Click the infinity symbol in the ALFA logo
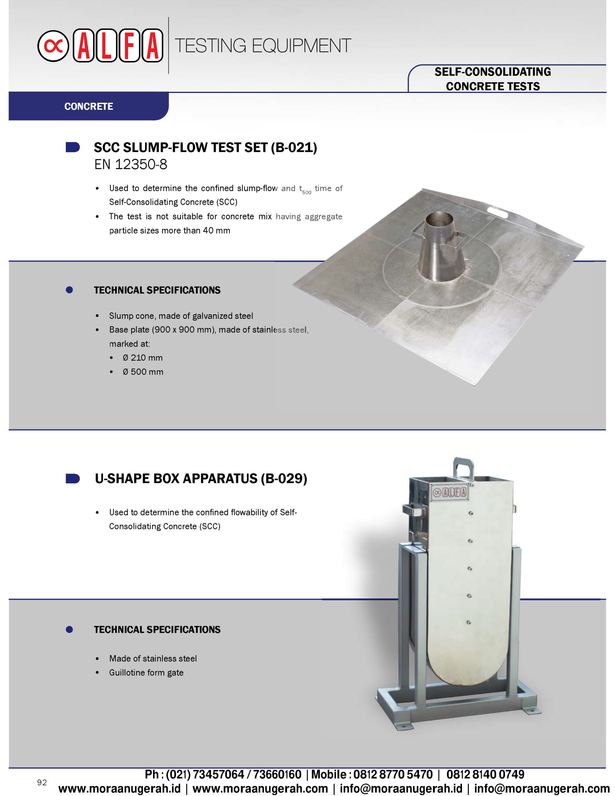click(53, 46)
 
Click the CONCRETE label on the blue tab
click(89, 106)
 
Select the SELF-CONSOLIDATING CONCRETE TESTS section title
click(493, 79)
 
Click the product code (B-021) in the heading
click(294, 148)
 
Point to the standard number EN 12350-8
click(131, 164)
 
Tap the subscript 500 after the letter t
click(307, 192)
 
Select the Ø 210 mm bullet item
click(143, 357)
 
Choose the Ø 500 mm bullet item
click(143, 372)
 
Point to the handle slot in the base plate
click(498, 212)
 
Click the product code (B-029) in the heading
click(284, 479)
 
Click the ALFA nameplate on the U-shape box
click(450, 492)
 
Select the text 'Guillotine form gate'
click(146, 673)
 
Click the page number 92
click(42, 782)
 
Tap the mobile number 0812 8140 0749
click(485, 774)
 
